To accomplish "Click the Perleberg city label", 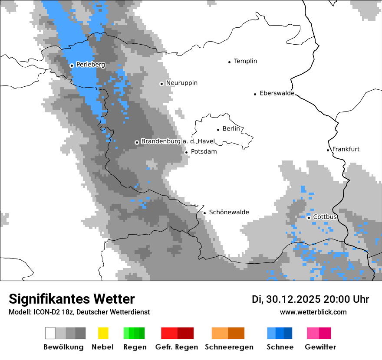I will click(x=90, y=65).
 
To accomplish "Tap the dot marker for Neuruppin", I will click(x=161, y=84).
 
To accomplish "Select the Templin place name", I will click(x=245, y=61).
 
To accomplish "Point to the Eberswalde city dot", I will click(x=255, y=94).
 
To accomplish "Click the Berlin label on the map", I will click(x=231, y=129).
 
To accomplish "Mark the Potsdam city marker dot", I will click(x=186, y=152).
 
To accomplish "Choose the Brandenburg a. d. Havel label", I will click(x=178, y=141).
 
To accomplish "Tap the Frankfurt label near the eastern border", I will click(x=346, y=149).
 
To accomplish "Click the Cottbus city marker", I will click(x=309, y=218).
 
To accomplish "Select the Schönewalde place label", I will click(x=229, y=212).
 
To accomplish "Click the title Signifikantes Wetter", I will click(x=72, y=299).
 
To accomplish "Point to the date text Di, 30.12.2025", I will click(x=286, y=299).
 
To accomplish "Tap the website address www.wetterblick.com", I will click(x=313, y=312).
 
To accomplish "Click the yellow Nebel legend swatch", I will click(x=103, y=333).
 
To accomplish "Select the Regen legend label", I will click(x=134, y=347).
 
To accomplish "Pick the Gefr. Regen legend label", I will click(x=177, y=347).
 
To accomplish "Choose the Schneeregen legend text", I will click(x=229, y=347).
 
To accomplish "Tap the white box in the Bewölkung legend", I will click(x=50, y=333).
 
